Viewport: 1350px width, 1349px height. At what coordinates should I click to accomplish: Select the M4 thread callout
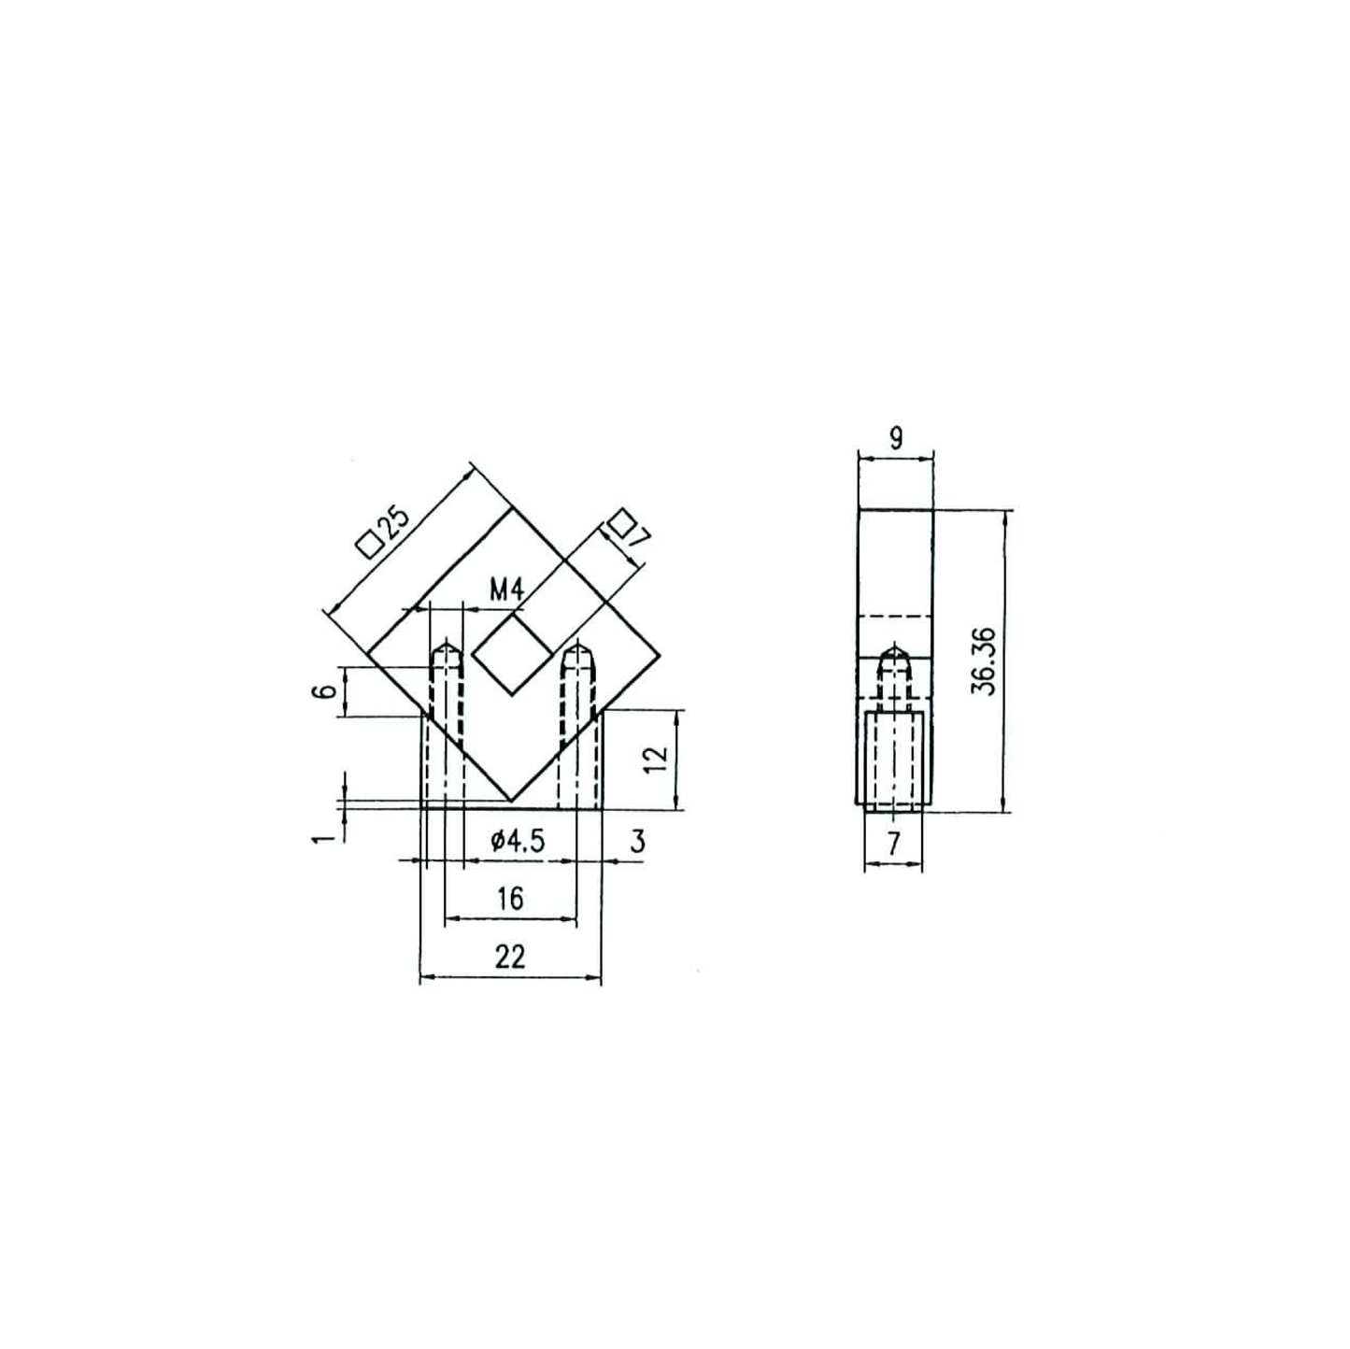505,590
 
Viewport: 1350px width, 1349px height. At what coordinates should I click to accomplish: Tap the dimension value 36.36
984,660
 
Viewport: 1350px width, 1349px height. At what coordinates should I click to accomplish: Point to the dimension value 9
895,439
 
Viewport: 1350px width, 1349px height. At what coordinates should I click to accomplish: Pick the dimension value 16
510,898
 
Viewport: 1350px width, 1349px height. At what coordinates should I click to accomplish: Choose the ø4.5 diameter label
518,840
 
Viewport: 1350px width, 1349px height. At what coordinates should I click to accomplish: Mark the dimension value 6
323,691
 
